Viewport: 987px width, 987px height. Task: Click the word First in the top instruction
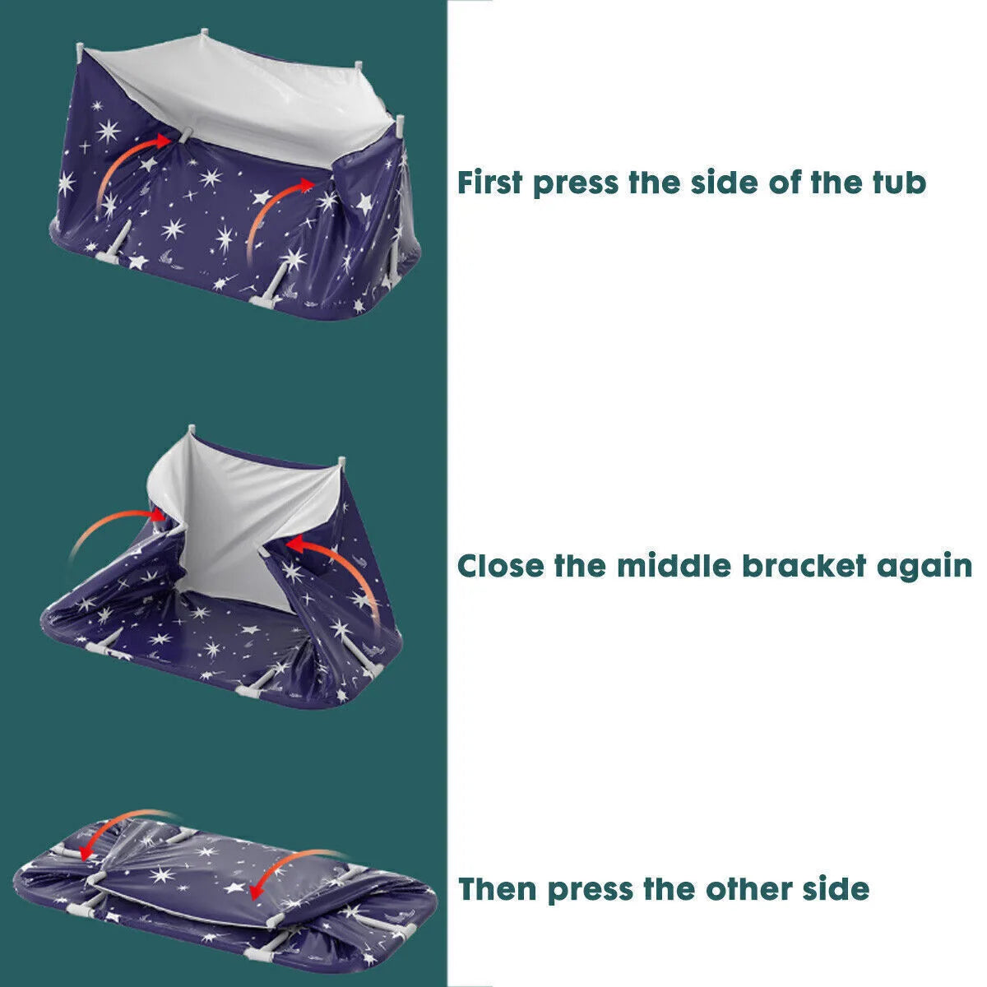point(490,182)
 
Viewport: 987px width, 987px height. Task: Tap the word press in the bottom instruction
point(589,892)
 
